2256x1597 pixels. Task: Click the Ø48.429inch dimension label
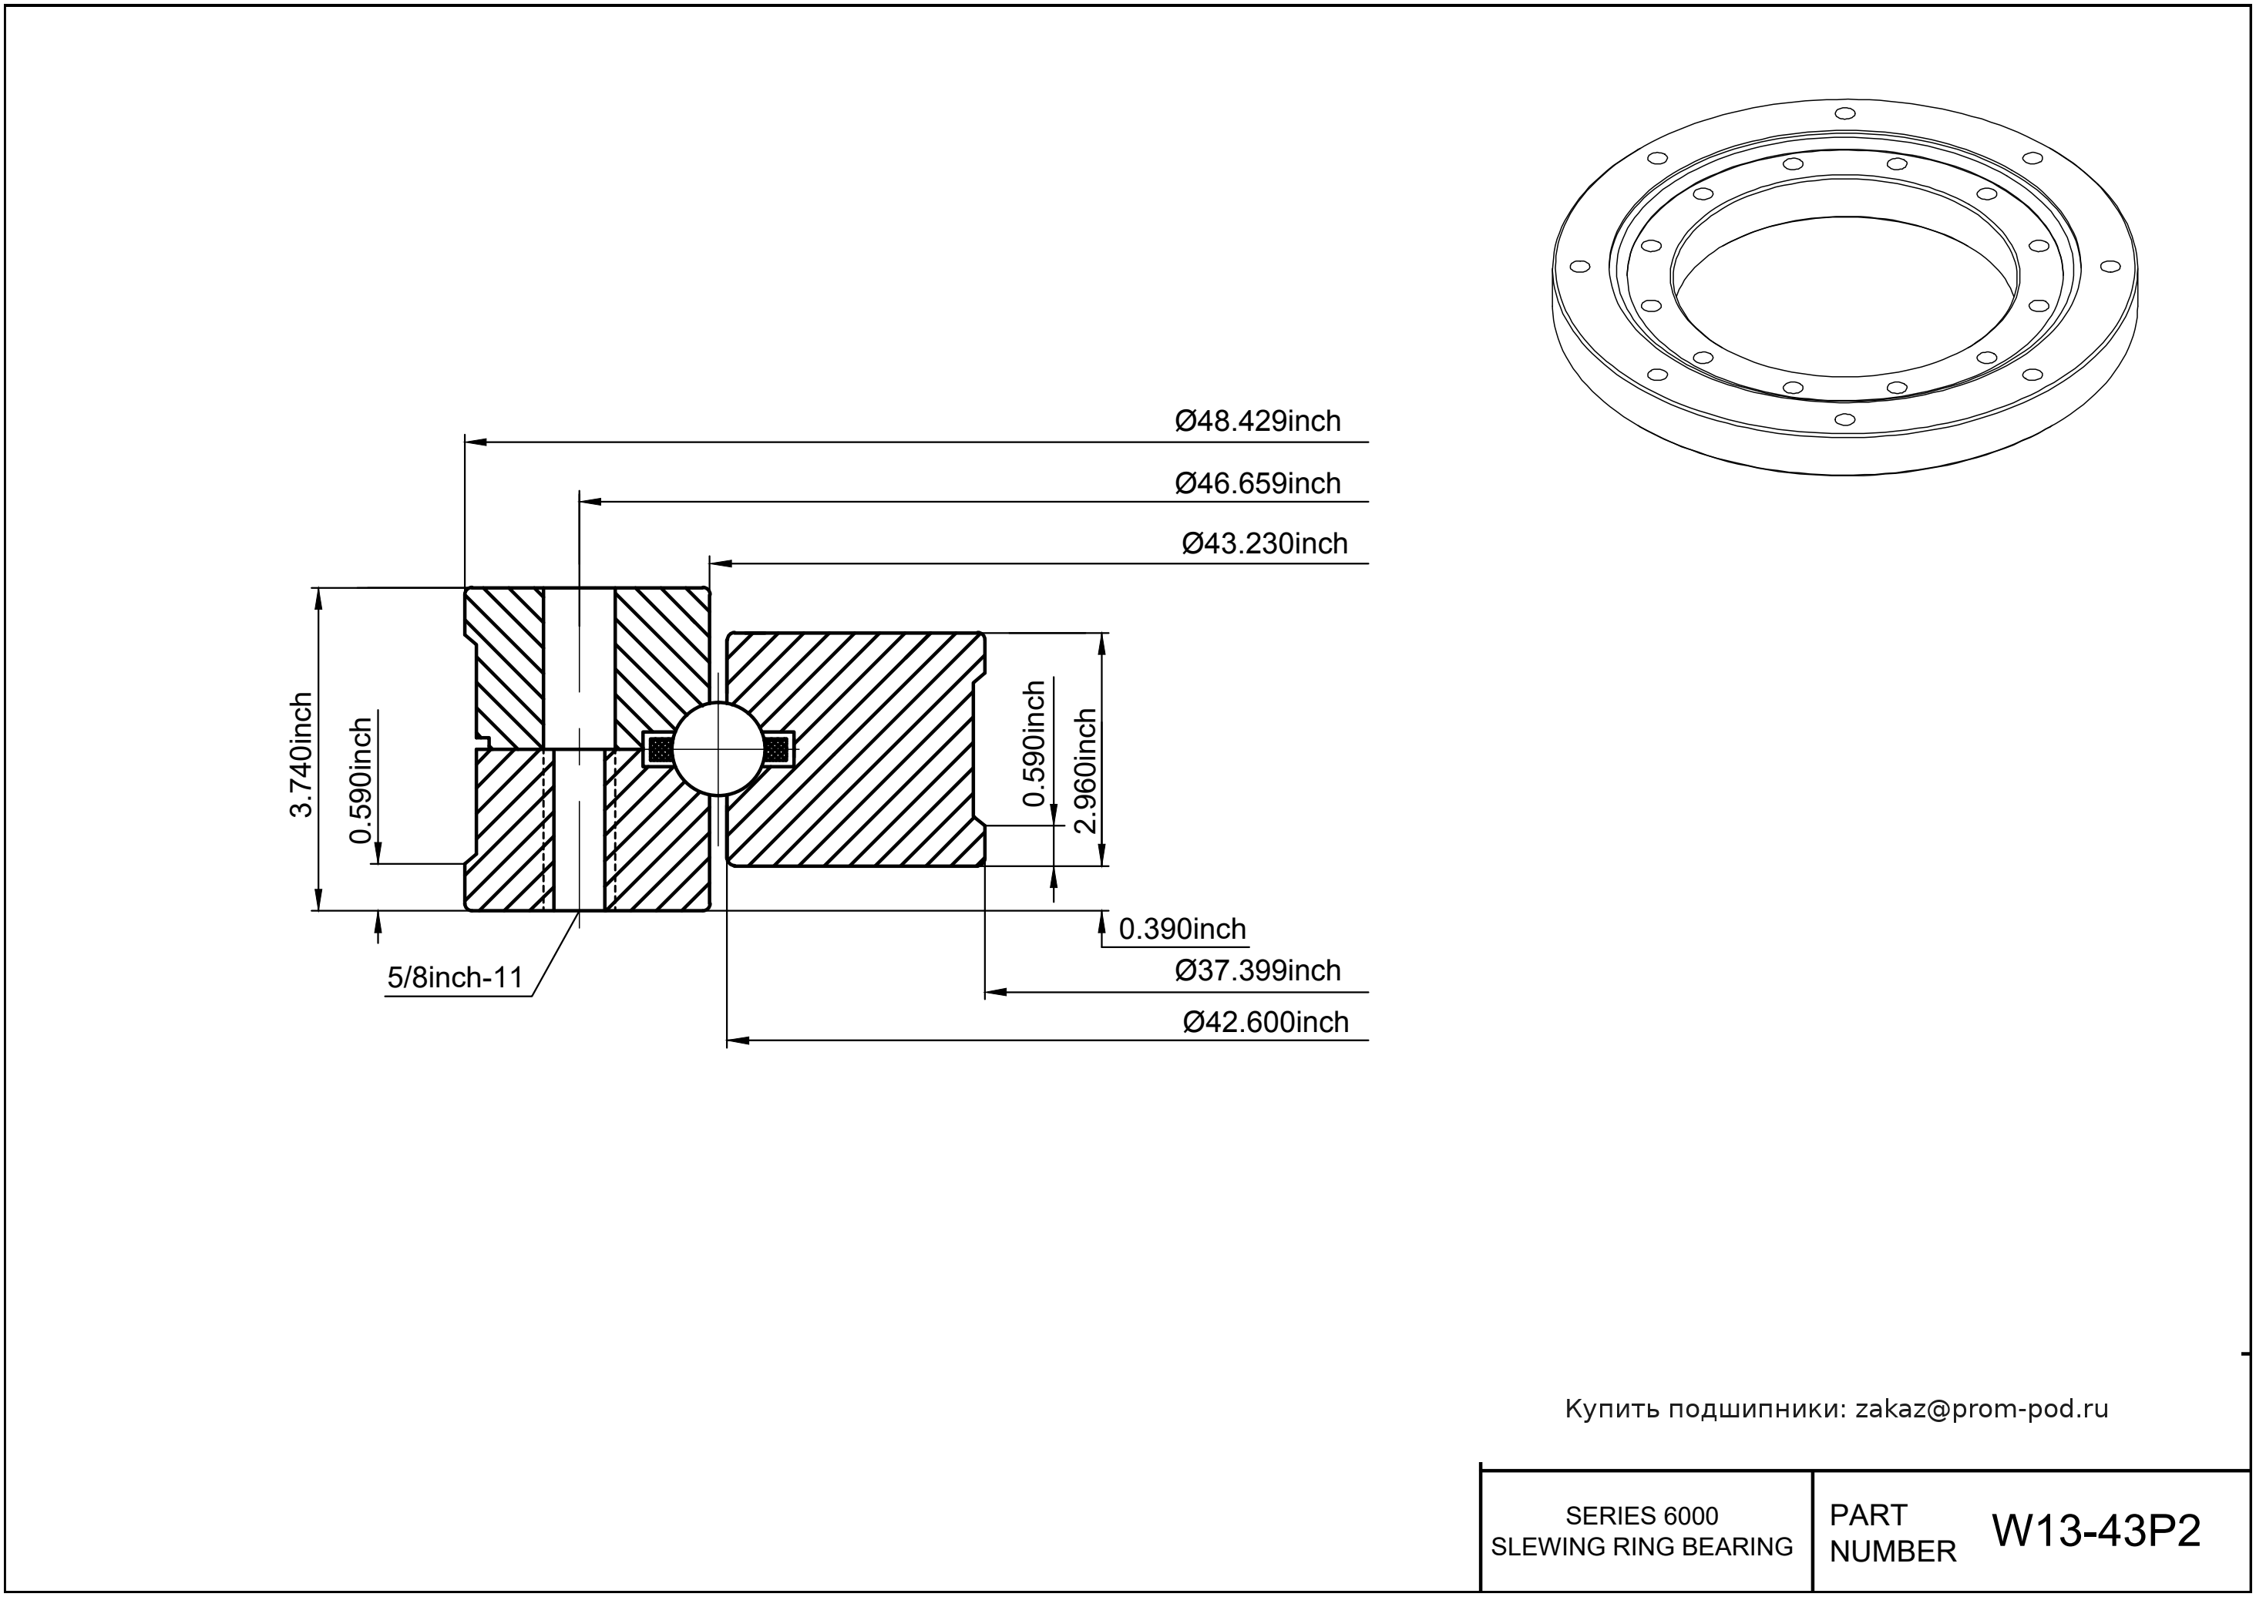1257,421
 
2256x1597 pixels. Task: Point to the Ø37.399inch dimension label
1257,970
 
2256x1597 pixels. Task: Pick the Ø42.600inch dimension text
1265,1022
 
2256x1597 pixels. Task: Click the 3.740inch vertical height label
301,755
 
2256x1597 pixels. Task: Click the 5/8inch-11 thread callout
454,977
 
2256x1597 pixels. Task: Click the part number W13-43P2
2096,1530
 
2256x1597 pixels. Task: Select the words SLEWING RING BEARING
1642,1547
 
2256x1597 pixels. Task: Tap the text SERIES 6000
1642,1515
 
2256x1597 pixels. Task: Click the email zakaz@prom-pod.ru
1981,1408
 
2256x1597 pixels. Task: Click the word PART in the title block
1868,1515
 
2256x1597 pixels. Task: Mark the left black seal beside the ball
660,749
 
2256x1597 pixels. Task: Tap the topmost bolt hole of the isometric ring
1845,114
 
